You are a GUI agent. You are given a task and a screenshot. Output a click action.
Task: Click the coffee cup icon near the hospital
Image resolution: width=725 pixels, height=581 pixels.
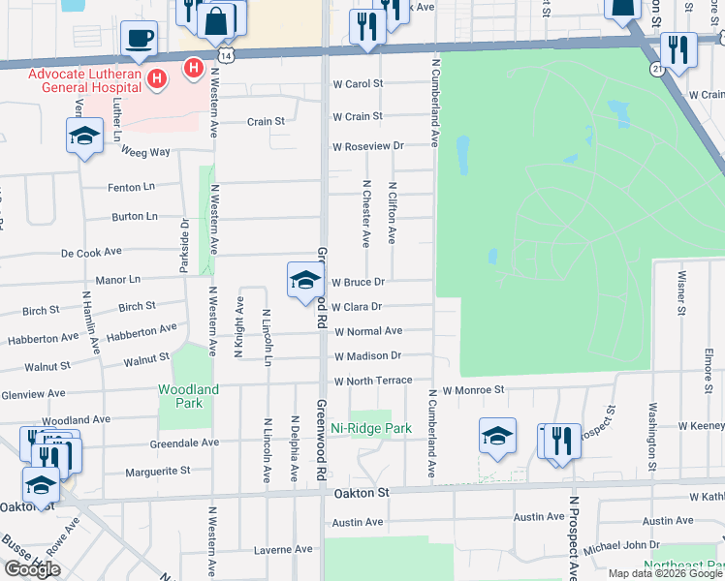click(x=140, y=39)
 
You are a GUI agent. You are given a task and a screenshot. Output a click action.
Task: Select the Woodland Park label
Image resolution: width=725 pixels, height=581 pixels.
click(x=189, y=395)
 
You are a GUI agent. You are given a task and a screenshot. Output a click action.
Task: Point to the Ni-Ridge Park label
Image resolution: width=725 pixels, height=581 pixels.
click(x=371, y=428)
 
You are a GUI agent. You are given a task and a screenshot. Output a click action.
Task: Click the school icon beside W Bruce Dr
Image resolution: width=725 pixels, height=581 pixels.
click(x=305, y=281)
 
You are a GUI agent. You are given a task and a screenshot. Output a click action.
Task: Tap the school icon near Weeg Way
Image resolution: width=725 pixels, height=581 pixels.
click(x=84, y=136)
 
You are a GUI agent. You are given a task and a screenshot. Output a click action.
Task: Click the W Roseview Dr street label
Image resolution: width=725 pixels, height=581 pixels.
click(x=367, y=146)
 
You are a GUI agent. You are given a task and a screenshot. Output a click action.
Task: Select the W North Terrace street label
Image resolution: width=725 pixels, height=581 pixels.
click(x=373, y=382)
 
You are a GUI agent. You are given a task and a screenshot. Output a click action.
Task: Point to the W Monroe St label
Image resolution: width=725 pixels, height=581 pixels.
click(x=475, y=389)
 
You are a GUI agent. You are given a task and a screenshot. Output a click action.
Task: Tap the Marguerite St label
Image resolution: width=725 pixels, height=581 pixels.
click(x=158, y=473)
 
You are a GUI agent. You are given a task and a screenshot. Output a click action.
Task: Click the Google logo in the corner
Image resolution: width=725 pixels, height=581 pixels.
click(x=32, y=569)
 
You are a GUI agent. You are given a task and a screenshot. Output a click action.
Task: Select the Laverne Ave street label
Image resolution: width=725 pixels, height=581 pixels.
click(x=282, y=549)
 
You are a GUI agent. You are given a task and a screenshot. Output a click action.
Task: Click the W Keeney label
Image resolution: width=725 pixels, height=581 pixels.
click(x=701, y=426)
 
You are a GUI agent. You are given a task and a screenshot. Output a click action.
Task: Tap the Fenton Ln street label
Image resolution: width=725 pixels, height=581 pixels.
click(x=133, y=187)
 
